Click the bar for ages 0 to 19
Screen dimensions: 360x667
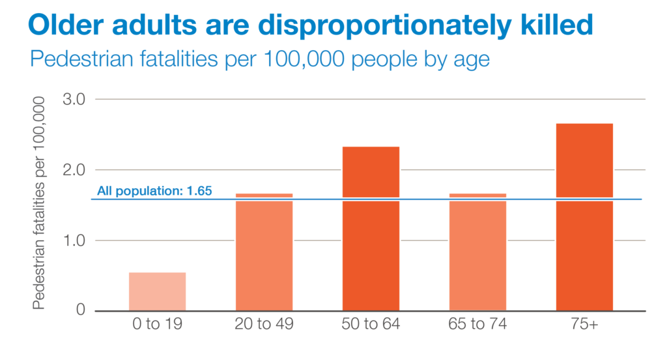157,291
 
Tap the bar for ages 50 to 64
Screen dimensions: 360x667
371,228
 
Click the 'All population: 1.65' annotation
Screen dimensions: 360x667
154,191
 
